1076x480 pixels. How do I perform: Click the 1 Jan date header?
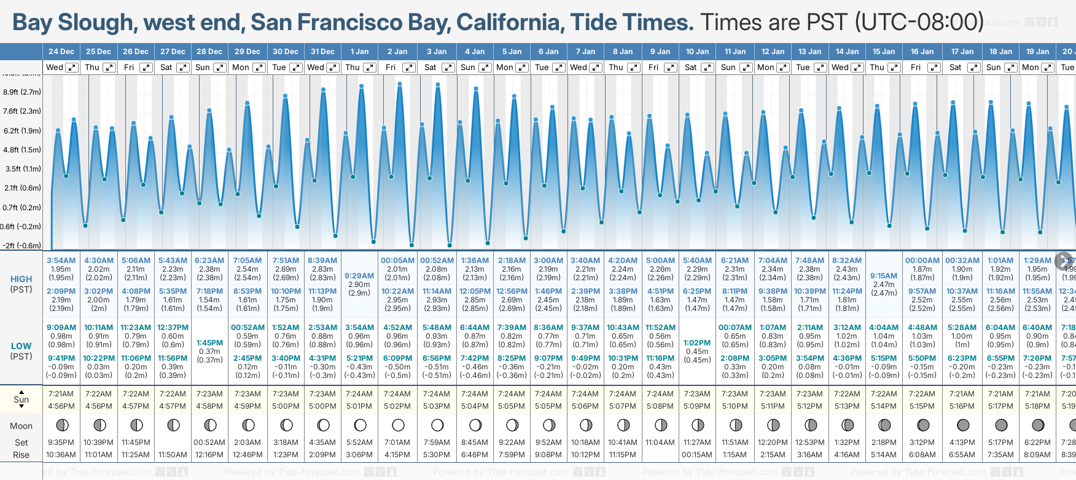point(359,52)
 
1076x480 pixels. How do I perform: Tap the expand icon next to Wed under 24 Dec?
point(72,68)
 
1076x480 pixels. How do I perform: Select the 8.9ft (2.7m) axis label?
point(22,92)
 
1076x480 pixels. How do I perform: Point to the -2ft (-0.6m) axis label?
point(22,246)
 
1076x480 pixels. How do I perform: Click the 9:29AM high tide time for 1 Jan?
point(359,276)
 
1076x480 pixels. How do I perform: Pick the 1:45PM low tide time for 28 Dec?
point(209,343)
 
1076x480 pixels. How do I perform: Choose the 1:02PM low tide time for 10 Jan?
point(697,343)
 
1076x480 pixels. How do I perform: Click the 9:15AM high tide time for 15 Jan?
point(884,276)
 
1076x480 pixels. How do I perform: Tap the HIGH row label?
point(21,279)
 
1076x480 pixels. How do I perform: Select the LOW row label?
point(21,346)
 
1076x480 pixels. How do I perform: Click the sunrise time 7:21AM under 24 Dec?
point(61,394)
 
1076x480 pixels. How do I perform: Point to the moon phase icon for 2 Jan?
point(398,425)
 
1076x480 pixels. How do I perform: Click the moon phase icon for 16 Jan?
point(922,425)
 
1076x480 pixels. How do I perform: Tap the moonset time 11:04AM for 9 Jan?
point(660,443)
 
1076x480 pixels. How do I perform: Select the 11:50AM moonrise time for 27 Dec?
point(173,455)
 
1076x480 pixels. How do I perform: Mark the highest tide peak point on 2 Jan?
point(400,84)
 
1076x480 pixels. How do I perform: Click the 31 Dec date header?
point(322,52)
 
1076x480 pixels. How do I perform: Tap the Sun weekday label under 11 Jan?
point(728,68)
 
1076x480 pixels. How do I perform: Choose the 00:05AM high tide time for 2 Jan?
point(397,261)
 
